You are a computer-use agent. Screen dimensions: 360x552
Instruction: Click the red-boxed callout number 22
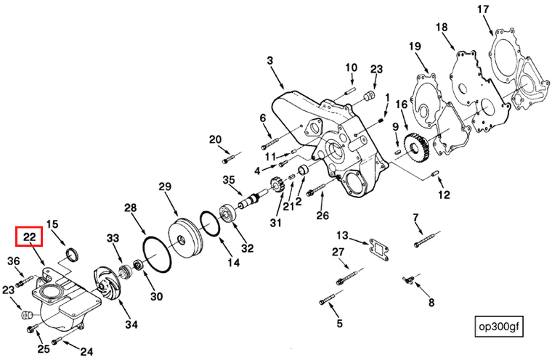(30, 237)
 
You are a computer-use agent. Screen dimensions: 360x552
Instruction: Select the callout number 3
(270, 62)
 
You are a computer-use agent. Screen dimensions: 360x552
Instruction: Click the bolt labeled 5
(326, 298)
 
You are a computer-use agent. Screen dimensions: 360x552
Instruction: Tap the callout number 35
(229, 180)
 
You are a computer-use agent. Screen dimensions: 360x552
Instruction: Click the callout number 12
(444, 195)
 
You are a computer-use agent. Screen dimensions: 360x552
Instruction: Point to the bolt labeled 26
(317, 191)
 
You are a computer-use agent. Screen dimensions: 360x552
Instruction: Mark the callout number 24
(86, 352)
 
